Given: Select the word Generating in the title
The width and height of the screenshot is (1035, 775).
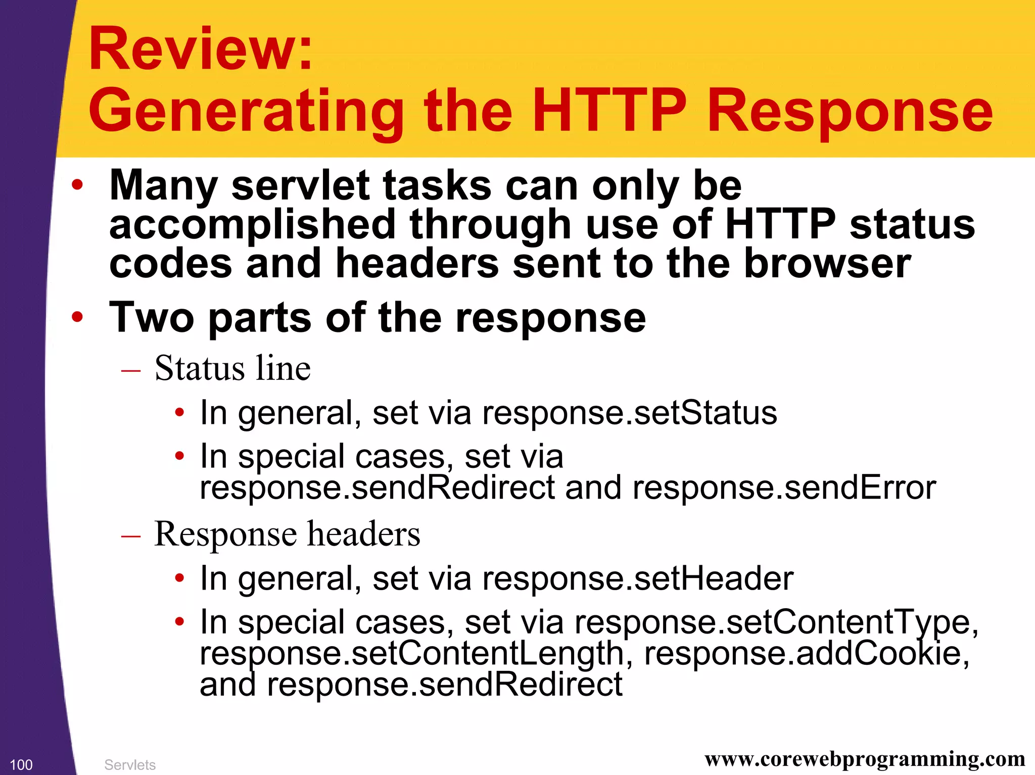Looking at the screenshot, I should pyautogui.click(x=246, y=112).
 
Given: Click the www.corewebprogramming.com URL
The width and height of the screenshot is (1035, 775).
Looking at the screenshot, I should pyautogui.click(x=865, y=759).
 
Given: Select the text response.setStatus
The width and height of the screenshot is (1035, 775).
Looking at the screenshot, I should pyautogui.click(x=629, y=413).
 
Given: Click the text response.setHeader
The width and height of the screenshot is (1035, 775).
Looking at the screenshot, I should pyautogui.click(x=637, y=578).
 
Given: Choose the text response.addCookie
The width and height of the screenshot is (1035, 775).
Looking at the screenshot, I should pyautogui.click(x=807, y=653).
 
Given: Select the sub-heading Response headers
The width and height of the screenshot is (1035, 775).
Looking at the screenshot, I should pyautogui.click(x=287, y=534).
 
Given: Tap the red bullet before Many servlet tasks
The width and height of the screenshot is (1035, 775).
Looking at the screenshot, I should pyautogui.click(x=77, y=184).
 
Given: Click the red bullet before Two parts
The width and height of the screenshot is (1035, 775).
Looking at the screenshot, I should pyautogui.click(x=77, y=317).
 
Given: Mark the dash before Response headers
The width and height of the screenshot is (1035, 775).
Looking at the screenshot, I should pyautogui.click(x=130, y=536).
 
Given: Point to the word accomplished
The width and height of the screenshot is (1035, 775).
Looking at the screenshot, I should pyautogui.click(x=252, y=225).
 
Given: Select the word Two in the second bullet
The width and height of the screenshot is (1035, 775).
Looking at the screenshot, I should pyautogui.click(x=152, y=317).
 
